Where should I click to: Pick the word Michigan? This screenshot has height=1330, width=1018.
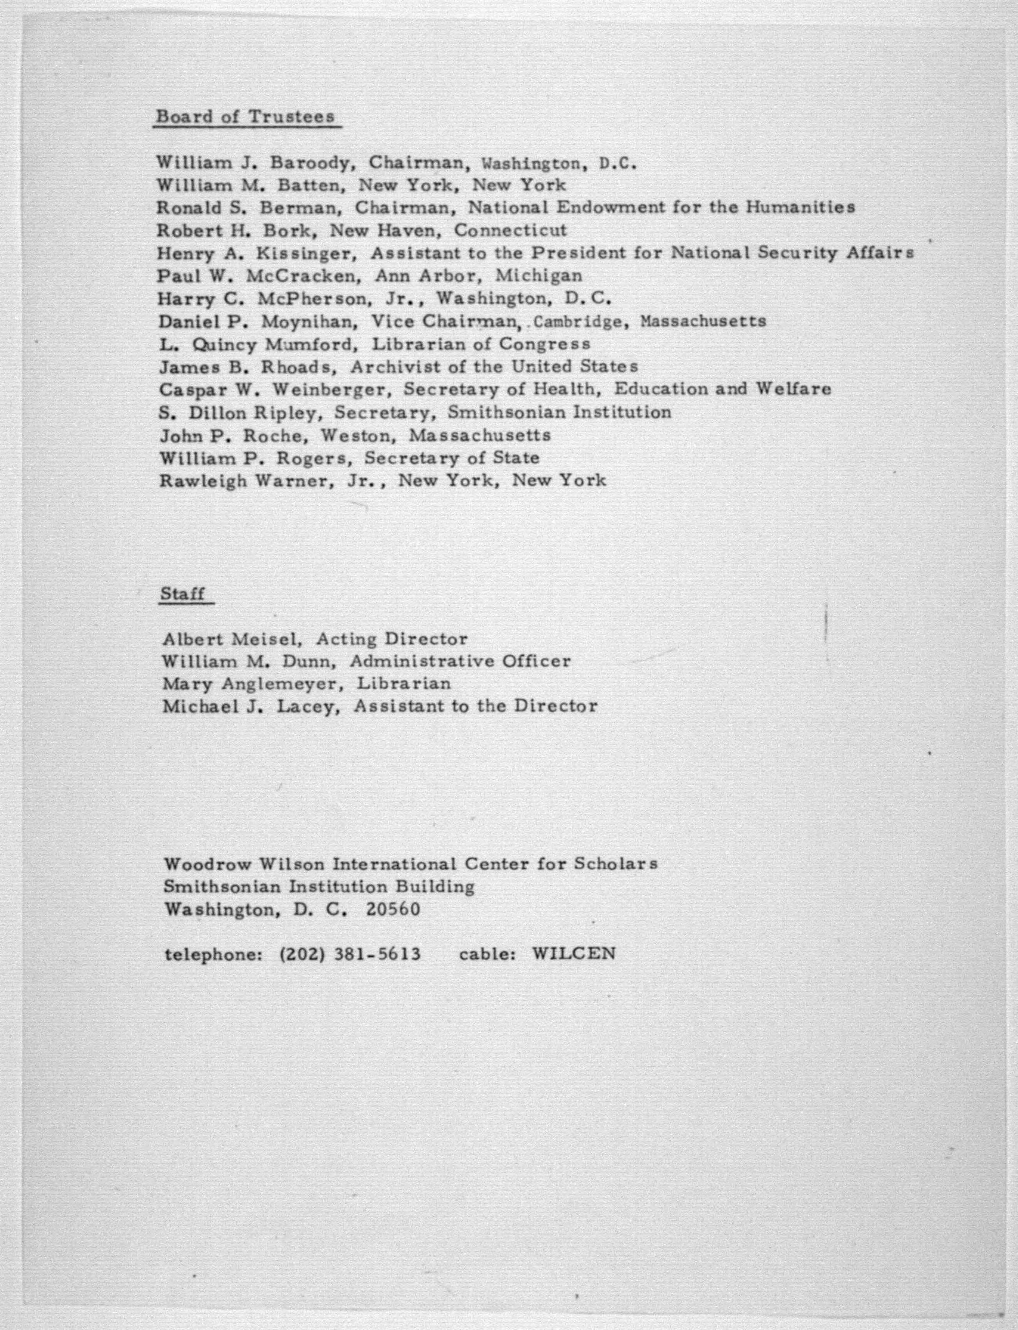coord(539,276)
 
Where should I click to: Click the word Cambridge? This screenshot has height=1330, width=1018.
coord(578,322)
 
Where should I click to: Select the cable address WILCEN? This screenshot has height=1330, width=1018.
coord(573,954)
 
